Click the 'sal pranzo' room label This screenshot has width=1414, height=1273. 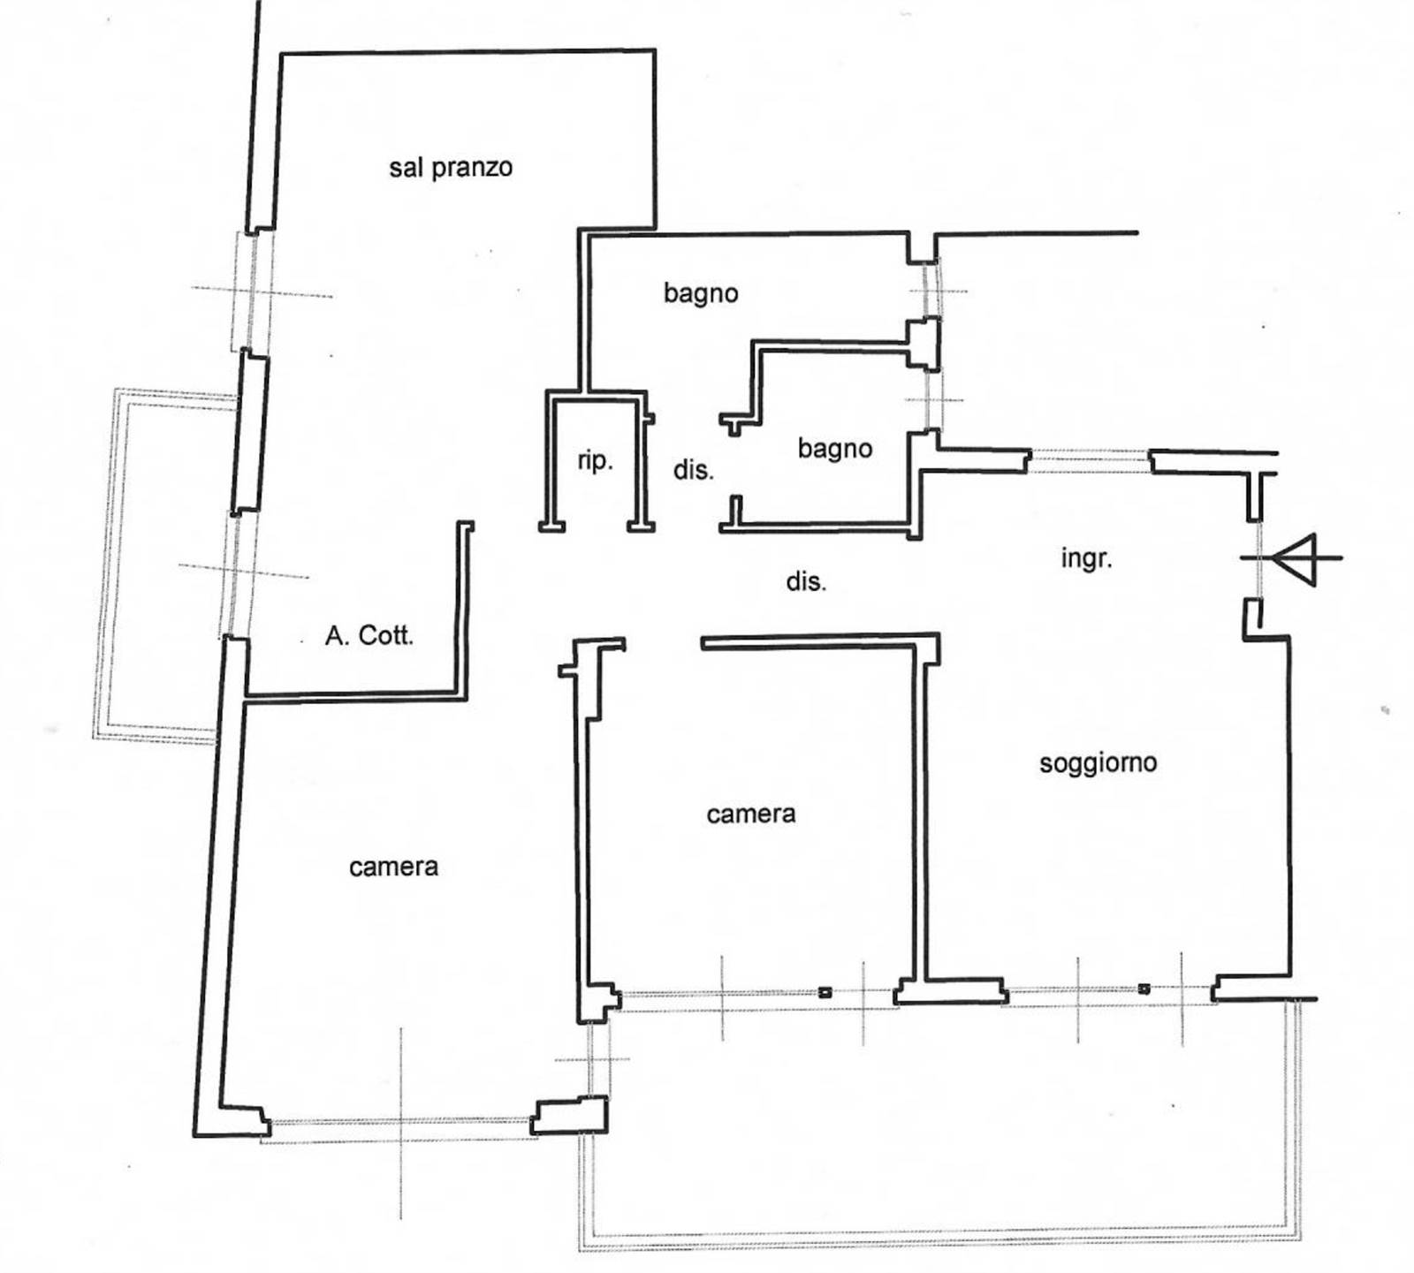coord(451,167)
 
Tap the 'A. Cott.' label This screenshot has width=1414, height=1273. coord(369,635)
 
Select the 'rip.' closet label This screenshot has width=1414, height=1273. coord(595,461)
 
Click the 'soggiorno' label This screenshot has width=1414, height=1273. coord(1098,763)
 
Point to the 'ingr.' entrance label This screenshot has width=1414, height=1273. coord(1086,559)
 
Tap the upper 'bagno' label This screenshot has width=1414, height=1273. coord(701,293)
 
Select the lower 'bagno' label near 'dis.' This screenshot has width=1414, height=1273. coord(835,449)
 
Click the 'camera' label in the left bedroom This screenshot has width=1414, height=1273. coord(393,867)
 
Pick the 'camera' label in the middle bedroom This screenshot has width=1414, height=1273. coord(751,814)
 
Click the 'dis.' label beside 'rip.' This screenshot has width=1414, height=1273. coord(694,470)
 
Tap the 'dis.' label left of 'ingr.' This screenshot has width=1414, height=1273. coord(806,581)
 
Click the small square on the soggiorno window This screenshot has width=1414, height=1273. coord(1144,989)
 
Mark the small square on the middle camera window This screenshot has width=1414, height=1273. coord(825,991)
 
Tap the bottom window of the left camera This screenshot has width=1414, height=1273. coord(399,1126)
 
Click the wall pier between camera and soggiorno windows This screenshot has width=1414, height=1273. coord(951,990)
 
